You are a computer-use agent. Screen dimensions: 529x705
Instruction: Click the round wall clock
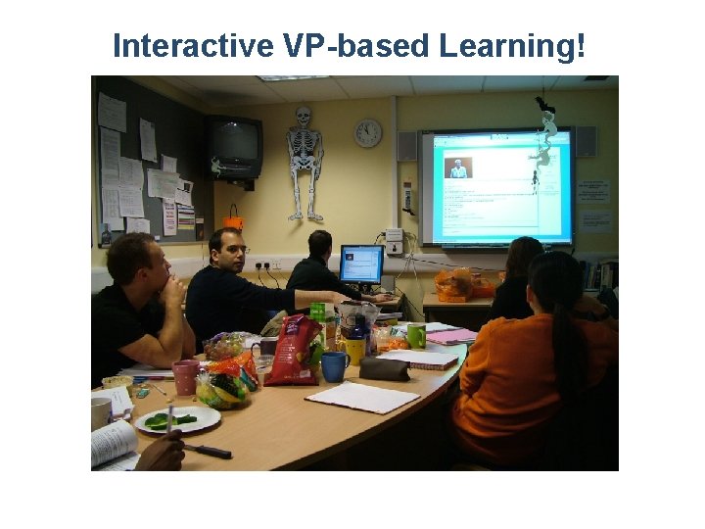coord(368,133)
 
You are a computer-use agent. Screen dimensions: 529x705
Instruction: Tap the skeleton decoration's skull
coord(304,117)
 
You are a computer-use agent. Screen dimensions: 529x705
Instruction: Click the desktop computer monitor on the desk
coord(361,264)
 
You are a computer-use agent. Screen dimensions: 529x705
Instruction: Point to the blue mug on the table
coord(335,365)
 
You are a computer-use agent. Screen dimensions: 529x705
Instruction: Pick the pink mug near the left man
coord(185,377)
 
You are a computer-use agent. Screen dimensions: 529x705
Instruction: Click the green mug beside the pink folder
coord(416,336)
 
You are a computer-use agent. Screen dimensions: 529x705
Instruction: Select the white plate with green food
coord(177,419)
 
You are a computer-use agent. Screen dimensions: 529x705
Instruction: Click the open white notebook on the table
coord(362,397)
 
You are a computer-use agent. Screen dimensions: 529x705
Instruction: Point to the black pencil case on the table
coord(385,368)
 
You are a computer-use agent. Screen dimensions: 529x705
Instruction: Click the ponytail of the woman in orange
coord(567,323)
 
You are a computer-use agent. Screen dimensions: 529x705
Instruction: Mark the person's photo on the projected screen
coord(458,168)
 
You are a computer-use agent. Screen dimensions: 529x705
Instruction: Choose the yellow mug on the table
coord(355,349)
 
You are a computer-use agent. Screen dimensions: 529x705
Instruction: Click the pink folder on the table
coord(449,336)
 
